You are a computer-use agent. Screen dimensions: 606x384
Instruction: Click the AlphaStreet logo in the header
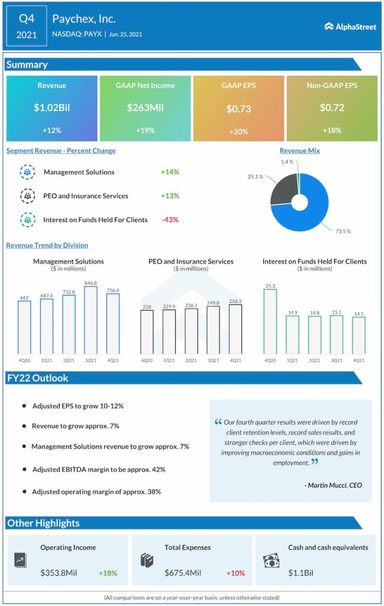click(x=350, y=27)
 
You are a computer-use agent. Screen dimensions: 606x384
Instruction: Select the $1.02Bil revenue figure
click(x=51, y=108)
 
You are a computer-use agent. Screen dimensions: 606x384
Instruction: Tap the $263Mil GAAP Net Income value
click(x=145, y=108)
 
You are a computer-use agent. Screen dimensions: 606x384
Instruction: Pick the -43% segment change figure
click(x=170, y=220)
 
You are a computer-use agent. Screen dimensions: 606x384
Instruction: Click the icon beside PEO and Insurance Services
click(x=27, y=196)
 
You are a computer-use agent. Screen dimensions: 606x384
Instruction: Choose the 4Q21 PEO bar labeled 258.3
click(x=235, y=329)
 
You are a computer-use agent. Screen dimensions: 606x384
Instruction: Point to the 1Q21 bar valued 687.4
click(x=47, y=326)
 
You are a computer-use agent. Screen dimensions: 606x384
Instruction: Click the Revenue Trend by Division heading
click(x=47, y=245)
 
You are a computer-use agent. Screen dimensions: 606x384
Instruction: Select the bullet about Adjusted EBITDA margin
click(x=98, y=469)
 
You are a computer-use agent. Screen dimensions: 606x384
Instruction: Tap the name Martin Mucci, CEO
click(x=333, y=485)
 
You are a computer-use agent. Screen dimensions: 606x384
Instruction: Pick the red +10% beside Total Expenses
click(x=235, y=573)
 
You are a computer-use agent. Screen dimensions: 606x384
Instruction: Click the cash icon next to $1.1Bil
click(x=271, y=560)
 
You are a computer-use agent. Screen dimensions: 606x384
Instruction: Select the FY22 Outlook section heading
click(x=38, y=378)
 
